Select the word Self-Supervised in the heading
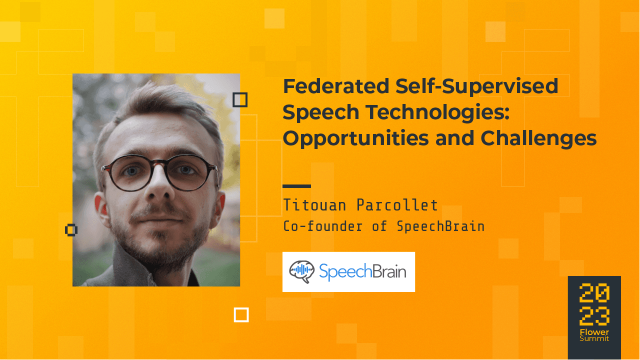pyautogui.click(x=477, y=86)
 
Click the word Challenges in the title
pyautogui.click(x=539, y=138)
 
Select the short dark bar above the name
pyautogui.click(x=296, y=186)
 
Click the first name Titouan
pyautogui.click(x=312, y=205)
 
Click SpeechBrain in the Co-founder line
pyautogui.click(x=440, y=226)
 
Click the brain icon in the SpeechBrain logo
pyautogui.click(x=302, y=271)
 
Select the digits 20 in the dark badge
pyautogui.click(x=594, y=293)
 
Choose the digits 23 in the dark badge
pyautogui.click(x=594, y=316)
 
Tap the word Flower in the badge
pyautogui.click(x=594, y=332)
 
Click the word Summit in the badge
pyautogui.click(x=594, y=339)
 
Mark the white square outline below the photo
pyautogui.click(x=241, y=315)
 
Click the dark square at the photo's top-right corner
pyautogui.click(x=240, y=100)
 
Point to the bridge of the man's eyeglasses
pyautogui.click(x=158, y=166)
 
